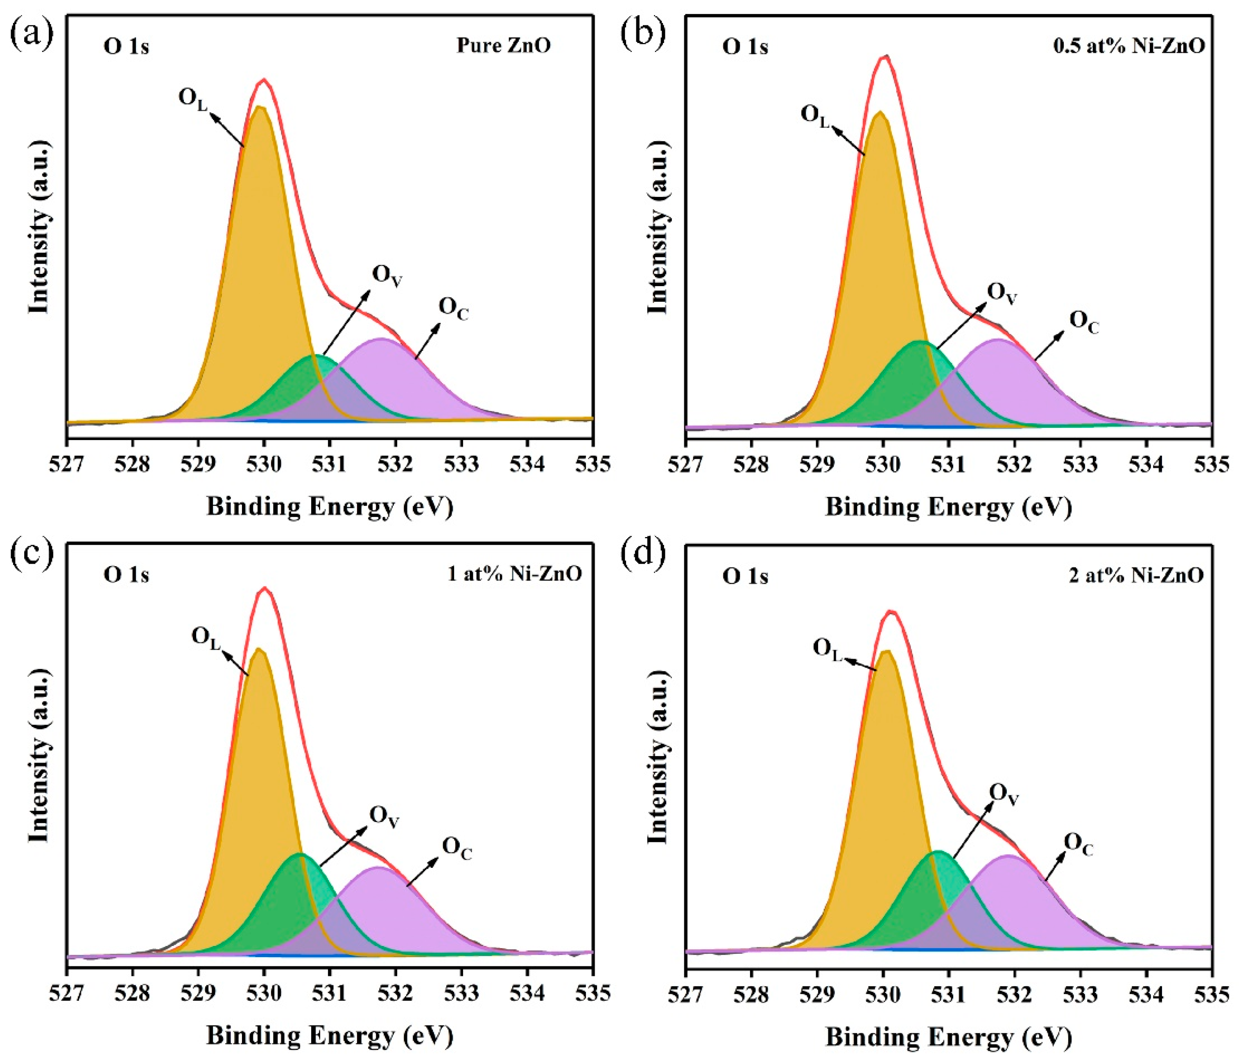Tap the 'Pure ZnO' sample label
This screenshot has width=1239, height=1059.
504,45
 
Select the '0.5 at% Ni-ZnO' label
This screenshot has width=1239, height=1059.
1128,46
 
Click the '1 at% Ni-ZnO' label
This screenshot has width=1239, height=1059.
515,574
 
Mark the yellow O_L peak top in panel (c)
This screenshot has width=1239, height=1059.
259,649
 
